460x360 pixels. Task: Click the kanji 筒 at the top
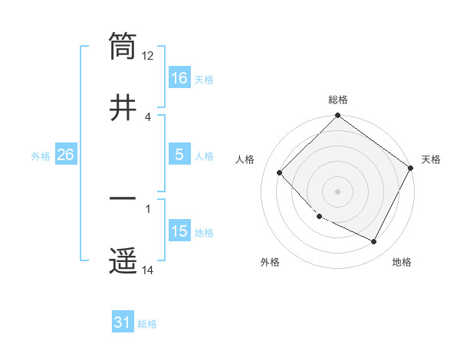[x=123, y=46]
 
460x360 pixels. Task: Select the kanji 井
[x=123, y=106]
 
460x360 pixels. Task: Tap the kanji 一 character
[x=123, y=198]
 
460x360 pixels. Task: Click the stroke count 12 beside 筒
[x=148, y=55]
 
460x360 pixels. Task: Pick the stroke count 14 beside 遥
[x=148, y=270]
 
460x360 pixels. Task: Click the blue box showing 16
[x=179, y=78]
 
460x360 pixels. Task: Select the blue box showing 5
[x=179, y=155]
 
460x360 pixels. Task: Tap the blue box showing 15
[x=179, y=231]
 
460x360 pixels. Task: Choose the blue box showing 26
[x=65, y=155]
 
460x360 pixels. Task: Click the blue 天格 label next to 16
[x=204, y=79]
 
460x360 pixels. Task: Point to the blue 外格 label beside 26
[x=41, y=155]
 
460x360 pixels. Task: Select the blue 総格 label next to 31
[x=147, y=324]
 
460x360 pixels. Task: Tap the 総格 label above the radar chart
[x=338, y=100]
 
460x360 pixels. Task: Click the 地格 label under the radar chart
[x=402, y=262]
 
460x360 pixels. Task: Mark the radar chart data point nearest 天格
[x=411, y=168]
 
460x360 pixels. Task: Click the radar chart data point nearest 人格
[x=280, y=173]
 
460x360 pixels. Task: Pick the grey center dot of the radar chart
[x=337, y=191]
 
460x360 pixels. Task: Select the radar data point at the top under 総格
[x=337, y=116]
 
